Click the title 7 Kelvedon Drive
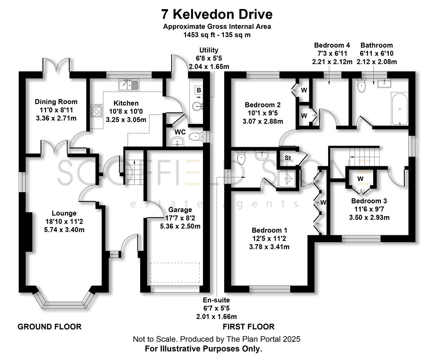click(x=217, y=14)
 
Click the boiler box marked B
click(x=199, y=90)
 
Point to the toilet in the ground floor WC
click(x=195, y=136)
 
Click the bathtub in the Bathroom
click(x=399, y=109)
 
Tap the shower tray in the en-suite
click(x=286, y=180)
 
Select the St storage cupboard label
click(x=288, y=158)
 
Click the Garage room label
click(x=180, y=210)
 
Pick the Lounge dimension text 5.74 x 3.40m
click(x=64, y=230)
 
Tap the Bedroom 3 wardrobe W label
click(x=360, y=179)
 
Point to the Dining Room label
click(x=56, y=102)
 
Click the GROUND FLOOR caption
click(x=49, y=327)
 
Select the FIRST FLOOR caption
click(x=249, y=327)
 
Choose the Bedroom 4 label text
click(x=332, y=45)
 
